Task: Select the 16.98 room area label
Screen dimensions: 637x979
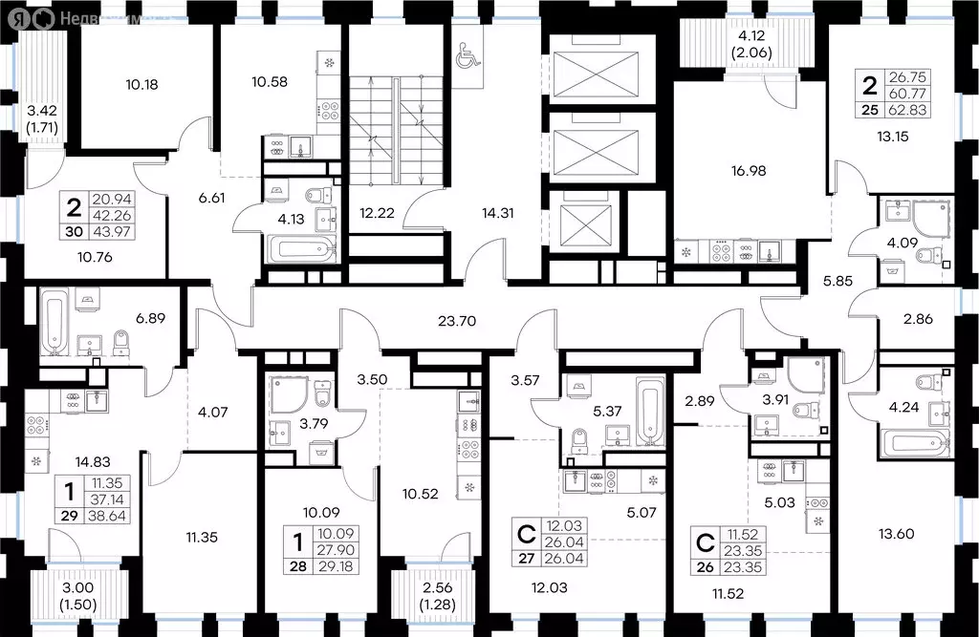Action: click(749, 172)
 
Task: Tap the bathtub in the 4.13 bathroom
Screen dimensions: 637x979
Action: click(299, 251)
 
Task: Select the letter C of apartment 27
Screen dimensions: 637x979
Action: click(525, 532)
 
